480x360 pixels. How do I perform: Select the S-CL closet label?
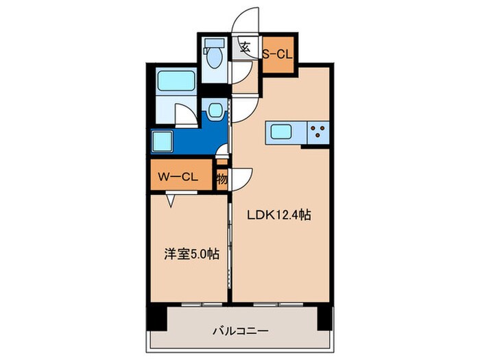pos(278,51)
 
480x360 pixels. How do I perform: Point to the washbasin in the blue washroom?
pos(216,109)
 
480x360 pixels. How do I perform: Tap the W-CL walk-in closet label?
pos(179,177)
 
